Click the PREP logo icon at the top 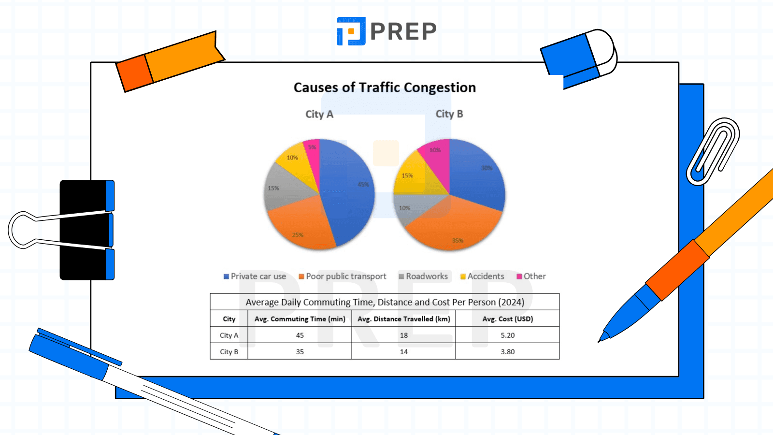click(351, 31)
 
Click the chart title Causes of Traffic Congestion click(385, 87)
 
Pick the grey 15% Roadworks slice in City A click(285, 188)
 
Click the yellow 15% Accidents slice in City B click(413, 176)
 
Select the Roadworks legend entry click(423, 276)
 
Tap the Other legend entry click(531, 276)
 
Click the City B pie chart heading click(449, 114)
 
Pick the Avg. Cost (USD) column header click(507, 319)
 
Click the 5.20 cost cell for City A click(507, 335)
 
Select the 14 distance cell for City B click(403, 352)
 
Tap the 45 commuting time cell click(300, 335)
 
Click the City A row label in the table click(229, 335)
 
